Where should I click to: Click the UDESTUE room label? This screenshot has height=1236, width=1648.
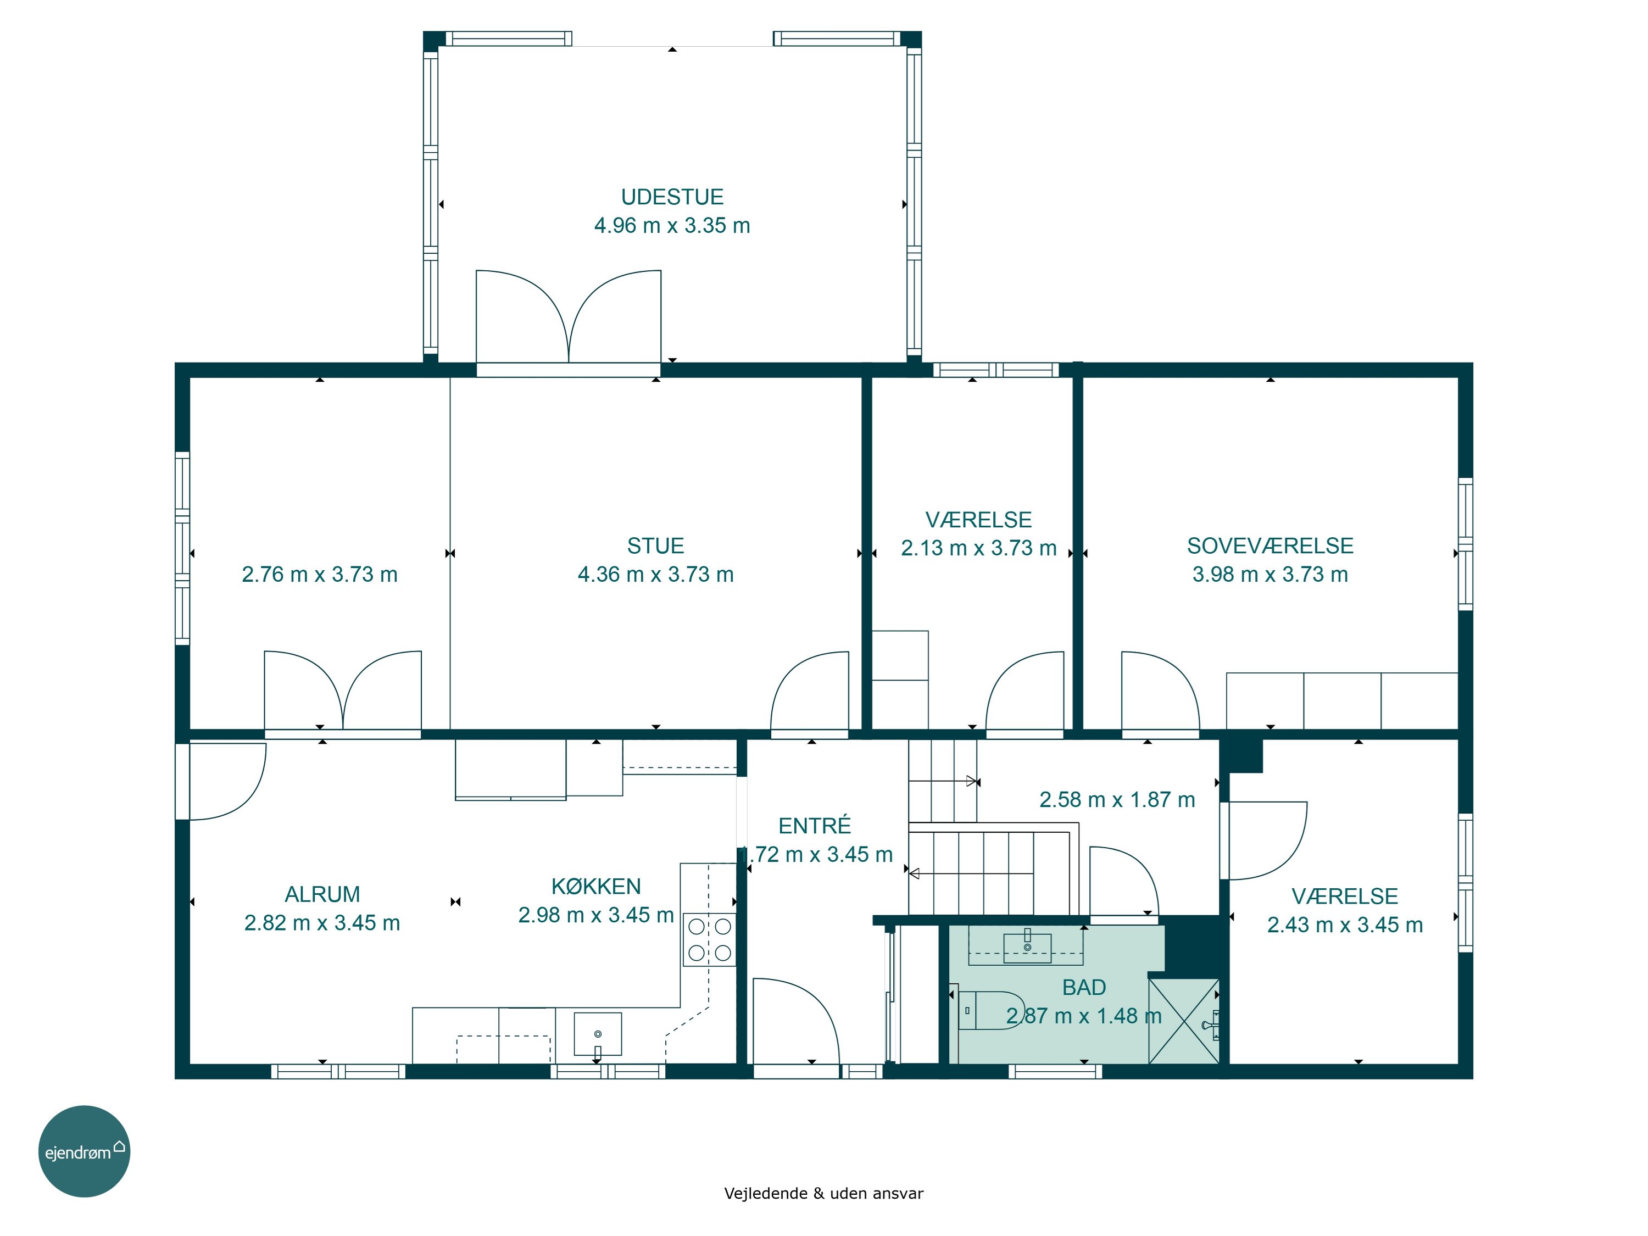672,197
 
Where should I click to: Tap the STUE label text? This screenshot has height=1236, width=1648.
655,546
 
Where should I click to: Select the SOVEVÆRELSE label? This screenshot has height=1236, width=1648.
1270,546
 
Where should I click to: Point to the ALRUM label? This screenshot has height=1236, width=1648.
322,894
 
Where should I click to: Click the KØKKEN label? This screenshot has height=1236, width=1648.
596,886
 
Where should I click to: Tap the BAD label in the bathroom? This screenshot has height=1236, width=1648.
1084,987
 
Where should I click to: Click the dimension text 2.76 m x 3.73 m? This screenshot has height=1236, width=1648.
320,575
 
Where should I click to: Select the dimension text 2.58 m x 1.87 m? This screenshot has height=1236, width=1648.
1117,799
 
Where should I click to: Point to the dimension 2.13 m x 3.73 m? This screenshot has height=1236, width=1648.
979,548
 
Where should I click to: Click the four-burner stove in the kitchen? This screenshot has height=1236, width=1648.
709,939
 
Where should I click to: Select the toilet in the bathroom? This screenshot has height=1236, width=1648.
991,1010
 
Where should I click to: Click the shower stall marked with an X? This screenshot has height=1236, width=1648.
1184,1021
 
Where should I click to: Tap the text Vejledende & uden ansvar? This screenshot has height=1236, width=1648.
823,1194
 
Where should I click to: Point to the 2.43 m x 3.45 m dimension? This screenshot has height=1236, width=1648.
1345,925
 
